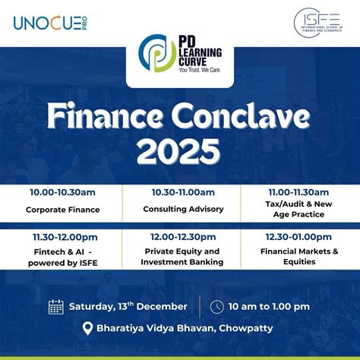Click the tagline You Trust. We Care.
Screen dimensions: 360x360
tap(200, 69)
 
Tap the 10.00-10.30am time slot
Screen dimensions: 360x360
tap(62, 192)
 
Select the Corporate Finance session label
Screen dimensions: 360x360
tap(62, 209)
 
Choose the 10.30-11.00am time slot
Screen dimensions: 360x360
tap(182, 192)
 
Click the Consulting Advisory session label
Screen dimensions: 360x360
tap(182, 209)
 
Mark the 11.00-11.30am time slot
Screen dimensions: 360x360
tap(298, 192)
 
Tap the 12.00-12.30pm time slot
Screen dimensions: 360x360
tap(182, 237)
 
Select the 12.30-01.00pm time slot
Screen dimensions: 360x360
tap(298, 237)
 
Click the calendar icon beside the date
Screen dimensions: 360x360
tap(56, 307)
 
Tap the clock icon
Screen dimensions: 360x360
tap(217, 307)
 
